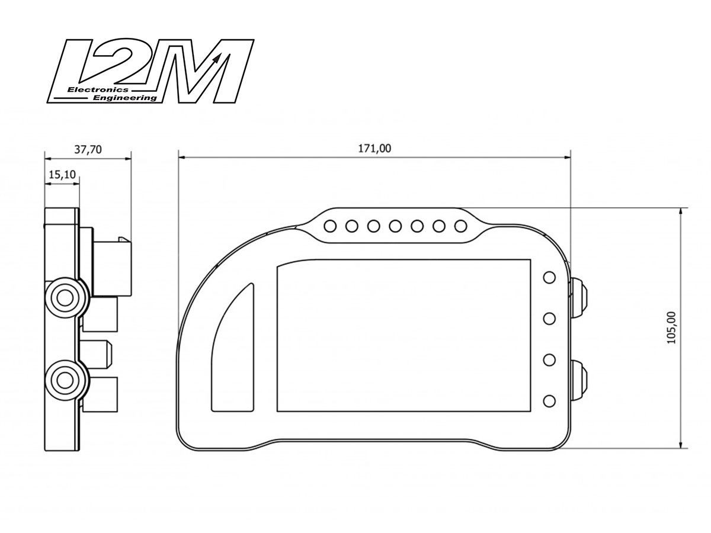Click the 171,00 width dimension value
click(374, 148)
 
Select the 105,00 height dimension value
click(671, 327)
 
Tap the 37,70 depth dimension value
click(88, 149)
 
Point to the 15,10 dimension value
click(61, 175)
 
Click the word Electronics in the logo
click(89, 89)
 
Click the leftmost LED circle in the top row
click(331, 226)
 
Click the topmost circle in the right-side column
click(549, 277)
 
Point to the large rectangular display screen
click(403, 335)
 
